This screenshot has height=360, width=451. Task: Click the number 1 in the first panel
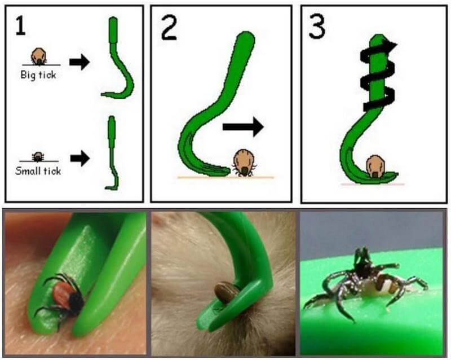point(20,25)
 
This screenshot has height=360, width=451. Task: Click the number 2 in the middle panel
point(169,27)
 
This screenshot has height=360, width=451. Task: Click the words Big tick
point(38,75)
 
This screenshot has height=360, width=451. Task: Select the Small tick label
point(38,171)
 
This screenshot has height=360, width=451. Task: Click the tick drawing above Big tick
point(39,56)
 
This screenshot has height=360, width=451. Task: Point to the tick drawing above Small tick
point(38,157)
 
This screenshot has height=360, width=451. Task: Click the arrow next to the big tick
point(79,62)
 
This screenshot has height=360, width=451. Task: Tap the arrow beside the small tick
point(80,158)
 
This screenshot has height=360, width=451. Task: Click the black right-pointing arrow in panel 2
point(244,127)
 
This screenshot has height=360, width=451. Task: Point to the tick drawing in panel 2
point(245,163)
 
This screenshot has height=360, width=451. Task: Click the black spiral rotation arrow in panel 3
point(377,76)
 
